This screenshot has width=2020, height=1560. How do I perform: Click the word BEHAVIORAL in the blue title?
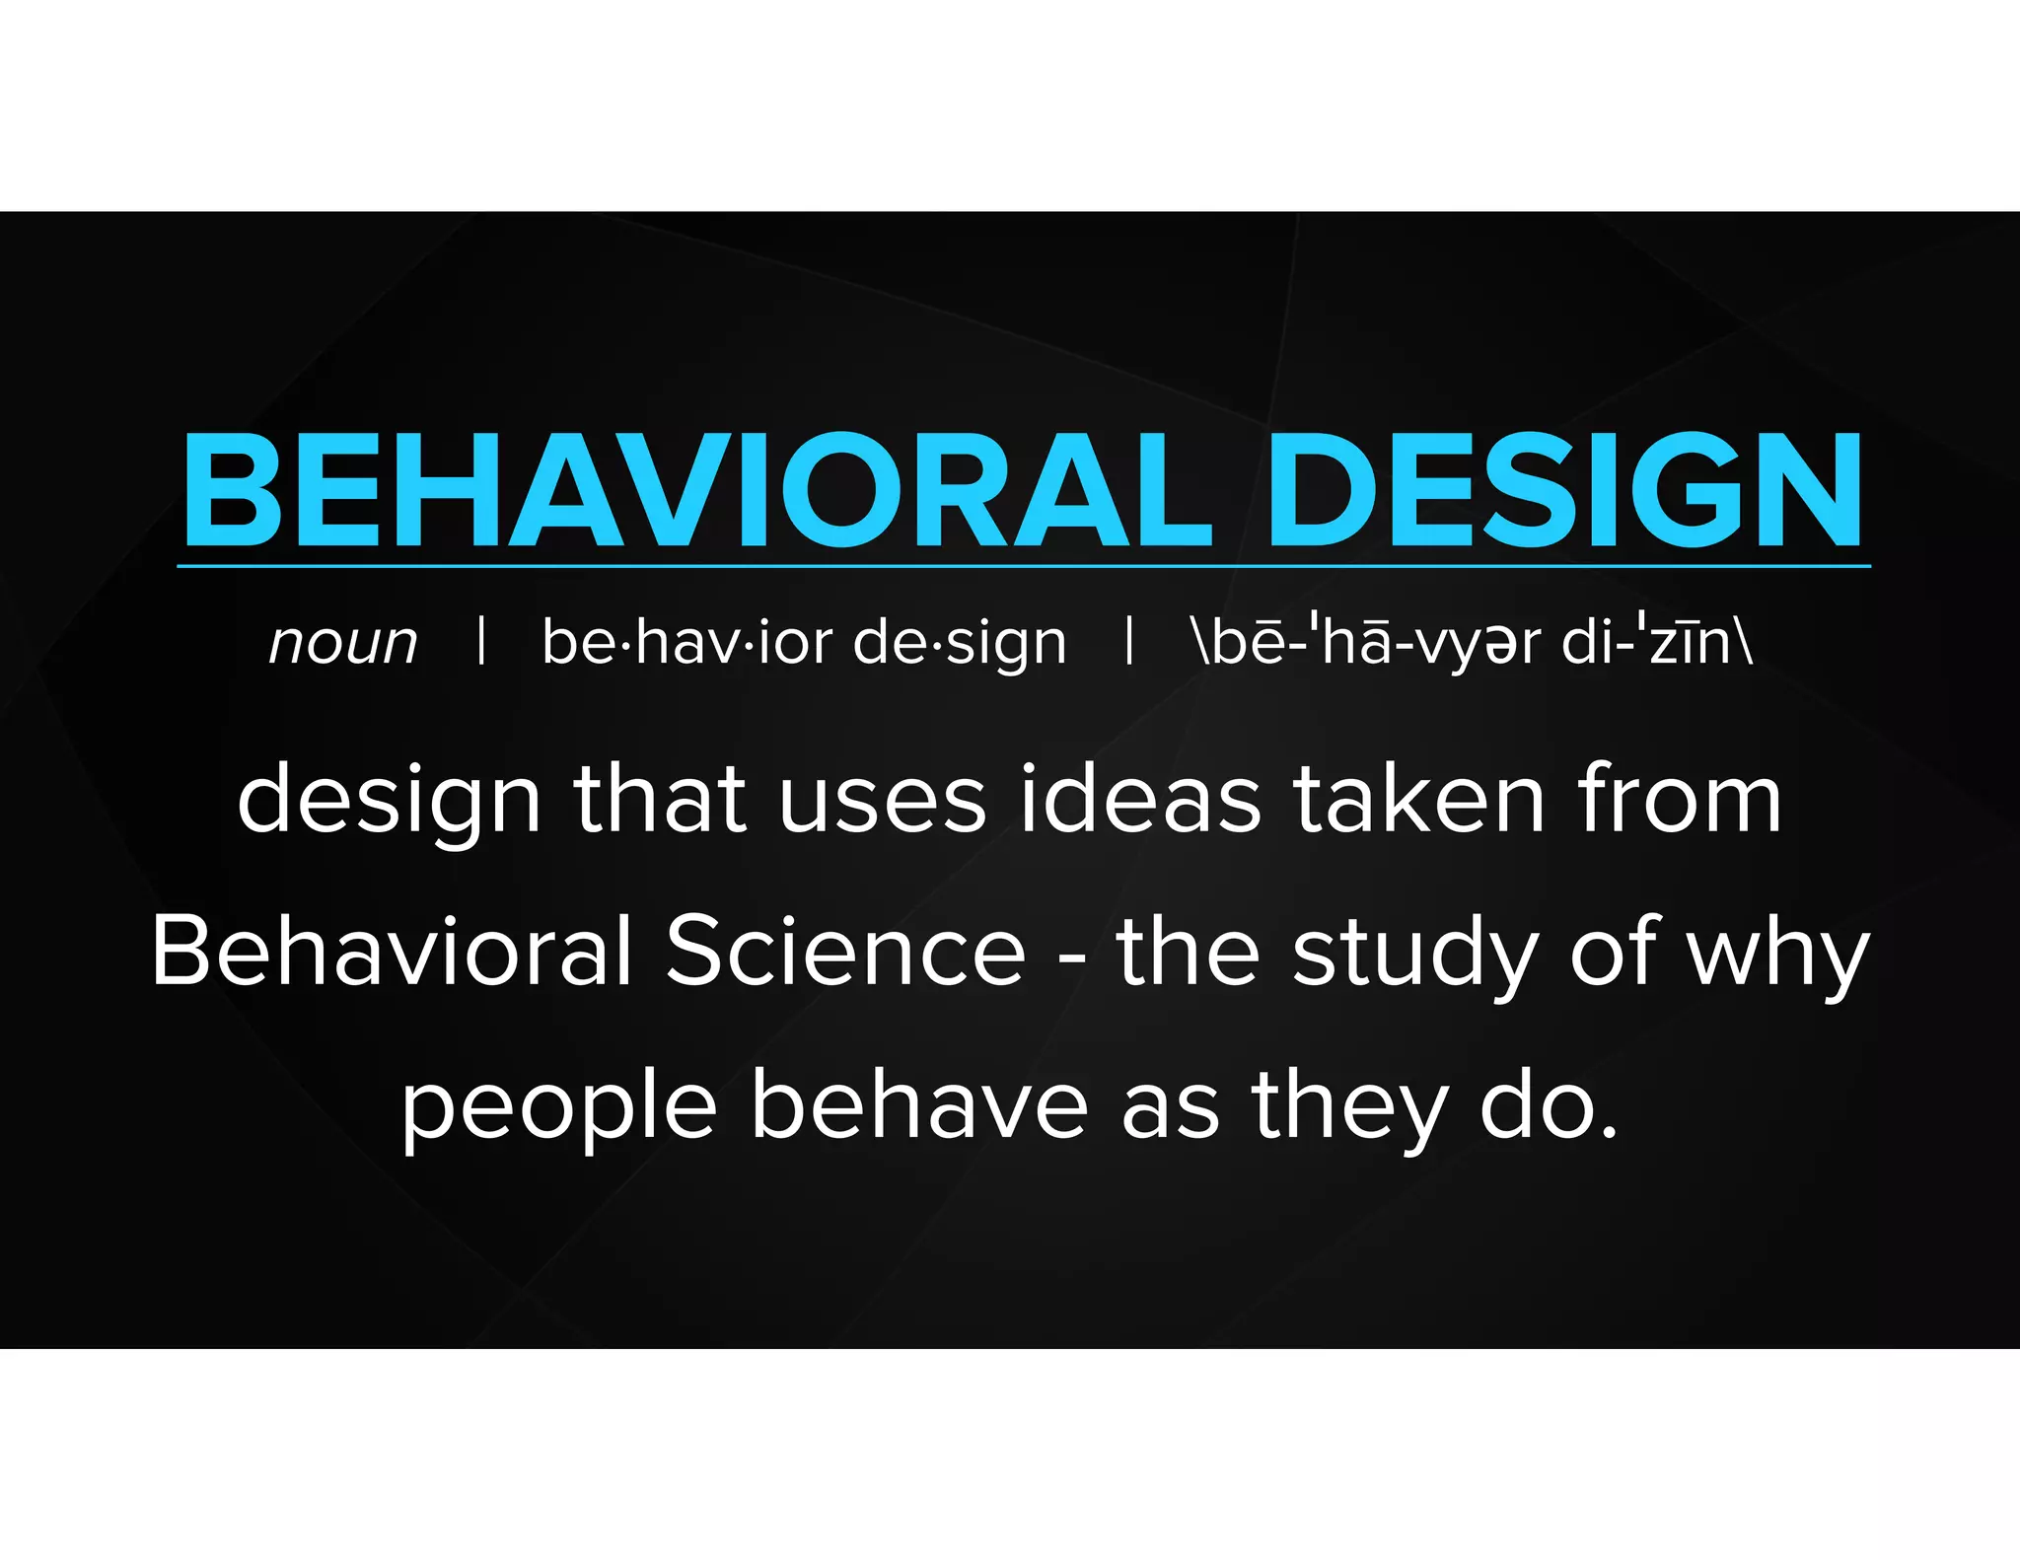[695, 490]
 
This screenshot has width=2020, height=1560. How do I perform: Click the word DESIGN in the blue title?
[1565, 490]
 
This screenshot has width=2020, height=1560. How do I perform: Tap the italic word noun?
[343, 643]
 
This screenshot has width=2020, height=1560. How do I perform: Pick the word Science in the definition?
[845, 951]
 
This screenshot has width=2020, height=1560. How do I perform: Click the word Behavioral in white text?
[392, 951]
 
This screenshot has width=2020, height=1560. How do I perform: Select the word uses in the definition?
[882, 801]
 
